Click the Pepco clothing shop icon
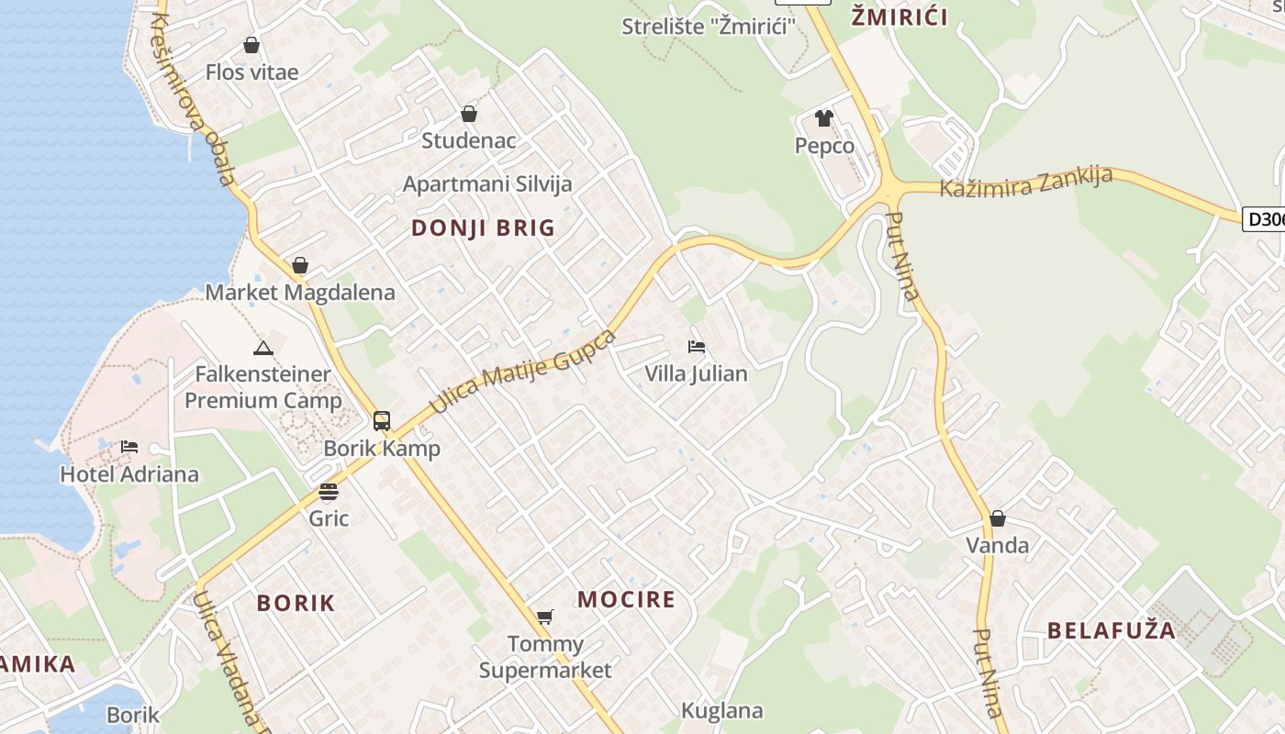(x=823, y=118)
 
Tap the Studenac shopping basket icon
(x=469, y=114)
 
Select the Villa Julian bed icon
(x=697, y=347)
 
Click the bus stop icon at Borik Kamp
(x=382, y=421)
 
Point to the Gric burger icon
(x=329, y=492)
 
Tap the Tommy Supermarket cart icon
(x=545, y=617)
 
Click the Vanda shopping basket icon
(x=998, y=518)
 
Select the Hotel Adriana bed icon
(x=129, y=447)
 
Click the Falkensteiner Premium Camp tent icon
(x=263, y=348)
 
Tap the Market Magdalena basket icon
(x=300, y=266)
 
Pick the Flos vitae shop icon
(x=251, y=45)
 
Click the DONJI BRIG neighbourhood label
(x=484, y=228)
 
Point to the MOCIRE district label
(x=626, y=600)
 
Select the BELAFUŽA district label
(x=1111, y=630)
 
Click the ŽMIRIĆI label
(x=899, y=17)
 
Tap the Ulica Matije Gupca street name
(x=522, y=372)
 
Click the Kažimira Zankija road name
(x=1026, y=183)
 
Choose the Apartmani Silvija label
(x=487, y=183)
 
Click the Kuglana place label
(x=721, y=710)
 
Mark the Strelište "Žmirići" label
(x=708, y=27)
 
